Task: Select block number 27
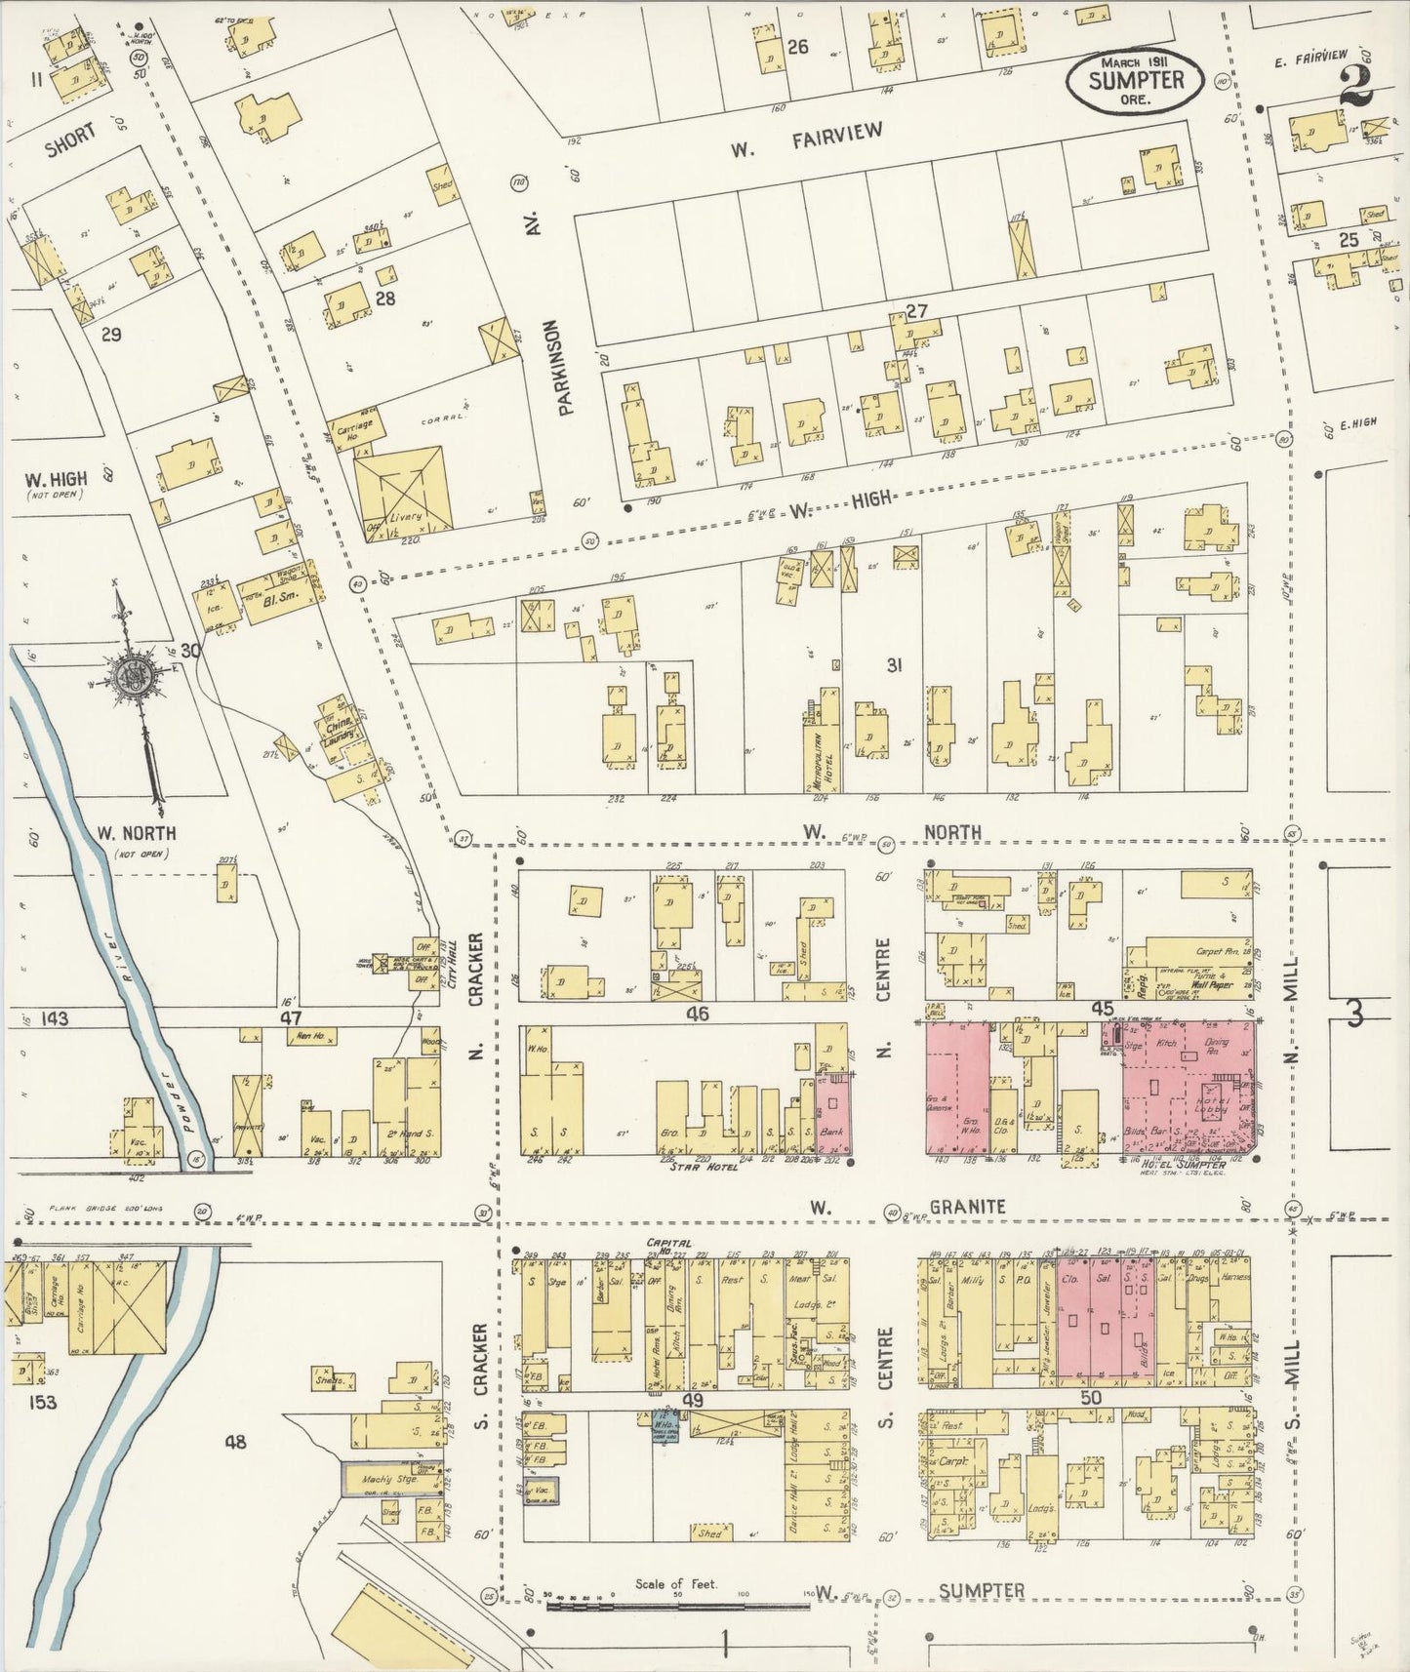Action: tap(915, 310)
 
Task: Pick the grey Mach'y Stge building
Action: tap(390, 1479)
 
